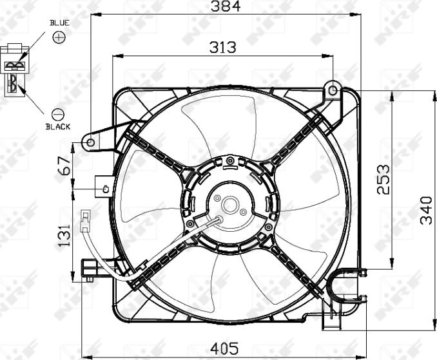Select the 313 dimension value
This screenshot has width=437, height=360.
(x=222, y=47)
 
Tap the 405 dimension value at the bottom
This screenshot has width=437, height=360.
(x=224, y=348)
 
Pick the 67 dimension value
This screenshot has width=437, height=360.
(x=64, y=166)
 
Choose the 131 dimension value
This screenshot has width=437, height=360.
(x=64, y=236)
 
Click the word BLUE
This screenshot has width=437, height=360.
(x=59, y=23)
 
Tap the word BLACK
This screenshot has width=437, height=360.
(x=58, y=127)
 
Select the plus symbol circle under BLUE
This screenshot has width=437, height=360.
(x=59, y=37)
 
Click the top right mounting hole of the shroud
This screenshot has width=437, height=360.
(x=333, y=90)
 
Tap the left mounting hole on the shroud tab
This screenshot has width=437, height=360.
(x=91, y=142)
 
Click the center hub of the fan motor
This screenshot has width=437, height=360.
(x=229, y=205)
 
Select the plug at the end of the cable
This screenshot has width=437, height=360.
(x=85, y=223)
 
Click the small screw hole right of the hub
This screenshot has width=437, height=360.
(x=243, y=212)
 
